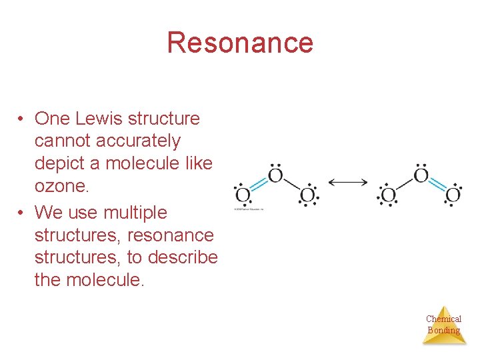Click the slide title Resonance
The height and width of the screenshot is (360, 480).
tap(240, 43)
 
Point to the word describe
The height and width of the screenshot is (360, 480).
tap(185, 257)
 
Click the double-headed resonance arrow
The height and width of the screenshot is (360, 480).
tap(347, 182)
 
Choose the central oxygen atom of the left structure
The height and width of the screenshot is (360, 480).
tap(275, 177)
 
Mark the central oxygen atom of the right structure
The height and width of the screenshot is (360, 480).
tap(421, 177)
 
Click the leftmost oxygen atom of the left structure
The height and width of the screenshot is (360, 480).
tap(243, 195)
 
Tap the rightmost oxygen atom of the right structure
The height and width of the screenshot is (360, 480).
tap(453, 195)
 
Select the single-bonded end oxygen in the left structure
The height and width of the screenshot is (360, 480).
tap(307, 195)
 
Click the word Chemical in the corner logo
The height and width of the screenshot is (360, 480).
tap(443, 319)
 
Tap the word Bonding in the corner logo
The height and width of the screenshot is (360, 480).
tap(443, 330)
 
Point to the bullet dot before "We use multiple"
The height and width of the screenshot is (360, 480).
tap(22, 213)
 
